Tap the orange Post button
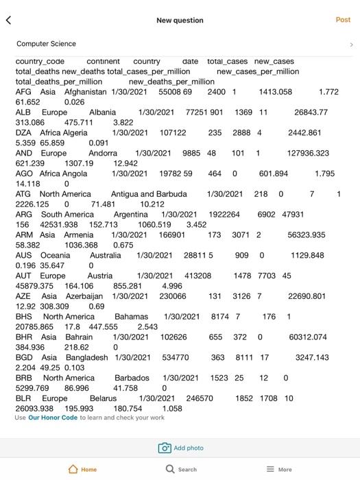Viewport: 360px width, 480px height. (x=343, y=20)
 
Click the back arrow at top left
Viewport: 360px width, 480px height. (x=8, y=21)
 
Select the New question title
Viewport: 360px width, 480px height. (x=180, y=21)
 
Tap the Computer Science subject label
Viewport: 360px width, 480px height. (x=46, y=44)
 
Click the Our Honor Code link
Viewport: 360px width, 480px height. (x=53, y=418)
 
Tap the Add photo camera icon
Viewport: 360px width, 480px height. (x=165, y=448)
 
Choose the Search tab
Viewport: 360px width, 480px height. (x=181, y=470)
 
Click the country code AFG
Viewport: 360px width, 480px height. (x=23, y=92)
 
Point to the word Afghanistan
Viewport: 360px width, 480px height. (x=85, y=92)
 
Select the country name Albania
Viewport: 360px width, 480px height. (x=102, y=112)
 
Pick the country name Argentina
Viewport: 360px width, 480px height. (x=130, y=215)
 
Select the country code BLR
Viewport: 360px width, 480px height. (x=23, y=398)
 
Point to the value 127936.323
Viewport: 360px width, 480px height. (x=308, y=154)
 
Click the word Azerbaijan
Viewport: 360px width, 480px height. (x=85, y=296)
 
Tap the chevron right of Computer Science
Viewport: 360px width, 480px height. (x=351, y=45)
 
